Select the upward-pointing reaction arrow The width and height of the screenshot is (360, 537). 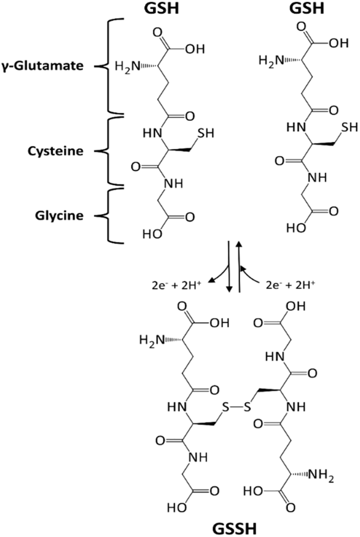click(239, 266)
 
